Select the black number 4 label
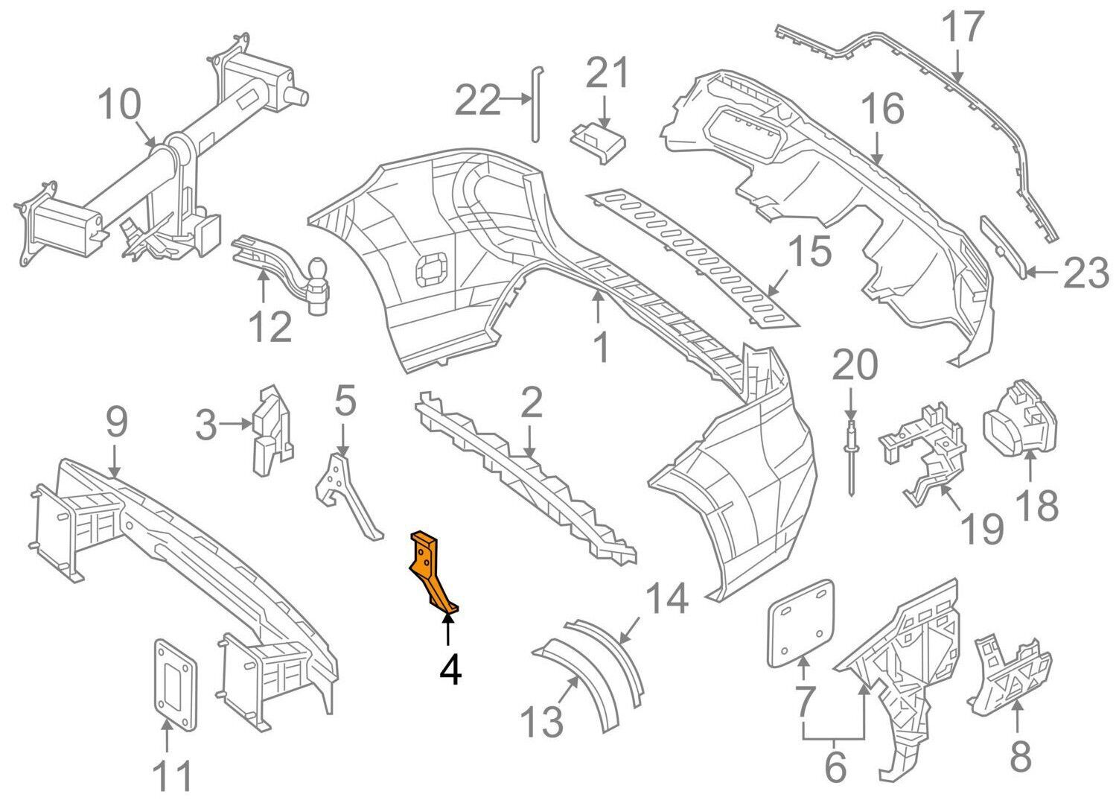(x=450, y=668)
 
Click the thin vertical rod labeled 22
(x=535, y=104)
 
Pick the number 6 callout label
(x=835, y=767)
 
